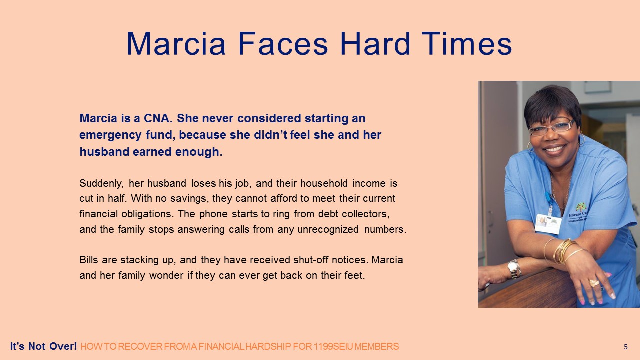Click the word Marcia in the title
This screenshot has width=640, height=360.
coord(176,44)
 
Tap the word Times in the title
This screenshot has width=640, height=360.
coord(467,44)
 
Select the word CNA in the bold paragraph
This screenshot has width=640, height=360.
coord(157,118)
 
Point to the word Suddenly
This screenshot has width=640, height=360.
coord(101,183)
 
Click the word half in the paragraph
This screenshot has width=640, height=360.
coord(117,198)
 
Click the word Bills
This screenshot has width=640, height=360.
coord(89,260)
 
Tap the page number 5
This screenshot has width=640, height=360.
coord(625,347)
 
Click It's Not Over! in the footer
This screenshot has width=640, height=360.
coord(43,346)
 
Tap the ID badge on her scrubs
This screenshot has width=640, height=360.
coord(548,223)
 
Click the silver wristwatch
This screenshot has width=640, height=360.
coord(514,269)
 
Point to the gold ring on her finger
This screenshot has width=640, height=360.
coord(594,283)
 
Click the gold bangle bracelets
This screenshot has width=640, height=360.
coord(564,251)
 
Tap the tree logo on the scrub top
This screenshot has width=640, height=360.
coord(581,207)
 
